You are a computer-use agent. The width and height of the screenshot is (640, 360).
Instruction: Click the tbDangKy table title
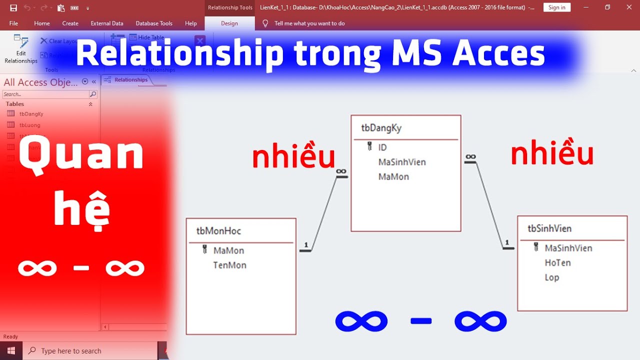pyautogui.click(x=381, y=128)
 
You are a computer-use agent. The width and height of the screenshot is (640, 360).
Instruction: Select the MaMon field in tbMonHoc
pyautogui.click(x=228, y=250)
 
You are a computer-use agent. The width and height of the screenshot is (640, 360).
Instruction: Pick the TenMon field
pyautogui.click(x=229, y=265)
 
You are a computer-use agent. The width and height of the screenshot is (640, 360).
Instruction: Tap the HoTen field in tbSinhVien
pyautogui.click(x=557, y=262)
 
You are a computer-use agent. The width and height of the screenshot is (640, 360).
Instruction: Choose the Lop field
pyautogui.click(x=551, y=277)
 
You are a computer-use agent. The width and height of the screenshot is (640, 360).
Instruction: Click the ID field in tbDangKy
pyautogui.click(x=382, y=147)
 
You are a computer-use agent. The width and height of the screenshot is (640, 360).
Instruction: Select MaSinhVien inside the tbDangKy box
pyautogui.click(x=402, y=162)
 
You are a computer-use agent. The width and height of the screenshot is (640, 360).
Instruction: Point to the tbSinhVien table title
pyautogui.click(x=549, y=228)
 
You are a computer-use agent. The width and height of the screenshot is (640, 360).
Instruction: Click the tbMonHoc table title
pyautogui.click(x=218, y=231)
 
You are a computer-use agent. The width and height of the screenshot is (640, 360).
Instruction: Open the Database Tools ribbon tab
pyautogui.click(x=154, y=23)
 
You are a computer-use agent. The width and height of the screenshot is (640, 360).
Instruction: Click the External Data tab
pyautogui.click(x=107, y=23)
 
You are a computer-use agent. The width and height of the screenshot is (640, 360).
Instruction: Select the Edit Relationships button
pyautogui.click(x=21, y=49)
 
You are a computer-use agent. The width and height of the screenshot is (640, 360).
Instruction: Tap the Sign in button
pyautogui.click(x=556, y=7)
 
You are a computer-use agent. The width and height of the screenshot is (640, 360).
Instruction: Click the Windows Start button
pyautogui.click(x=11, y=351)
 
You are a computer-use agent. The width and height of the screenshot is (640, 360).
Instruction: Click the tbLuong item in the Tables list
pyautogui.click(x=29, y=125)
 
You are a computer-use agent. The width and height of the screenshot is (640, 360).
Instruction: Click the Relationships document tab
pyautogui.click(x=130, y=80)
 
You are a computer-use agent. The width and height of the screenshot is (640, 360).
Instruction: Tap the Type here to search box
pyautogui.click(x=90, y=351)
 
